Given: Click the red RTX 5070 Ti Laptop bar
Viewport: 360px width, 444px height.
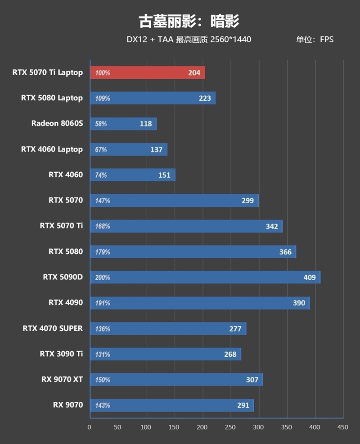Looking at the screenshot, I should tap(148, 72).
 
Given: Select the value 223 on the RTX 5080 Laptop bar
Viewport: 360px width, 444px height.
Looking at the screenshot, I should tap(205, 98).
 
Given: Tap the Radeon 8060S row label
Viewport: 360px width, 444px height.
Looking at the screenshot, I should tap(57, 123).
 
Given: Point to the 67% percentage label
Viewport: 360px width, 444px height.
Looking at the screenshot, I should tap(101, 149).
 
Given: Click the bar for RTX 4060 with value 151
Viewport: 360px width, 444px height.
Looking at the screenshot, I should tap(133, 175).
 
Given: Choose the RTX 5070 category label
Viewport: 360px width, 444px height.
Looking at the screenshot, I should tap(66, 200).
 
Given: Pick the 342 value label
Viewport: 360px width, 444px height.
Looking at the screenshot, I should tap(272, 226).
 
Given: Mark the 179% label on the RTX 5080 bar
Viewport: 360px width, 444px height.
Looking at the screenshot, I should tap(103, 252).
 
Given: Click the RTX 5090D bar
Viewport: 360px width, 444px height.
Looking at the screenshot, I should tap(205, 278).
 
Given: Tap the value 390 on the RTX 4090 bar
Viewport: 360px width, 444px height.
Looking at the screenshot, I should tap(299, 303).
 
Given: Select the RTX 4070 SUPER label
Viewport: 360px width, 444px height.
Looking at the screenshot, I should tap(53, 328).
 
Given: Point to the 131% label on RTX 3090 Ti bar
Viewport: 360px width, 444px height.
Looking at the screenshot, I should tap(103, 354).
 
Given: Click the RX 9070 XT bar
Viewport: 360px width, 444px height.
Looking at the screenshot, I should tap(176, 380).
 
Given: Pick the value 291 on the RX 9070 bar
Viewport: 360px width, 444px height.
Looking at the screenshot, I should tap(243, 405).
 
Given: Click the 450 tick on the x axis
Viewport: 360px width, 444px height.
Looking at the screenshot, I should tap(343, 426).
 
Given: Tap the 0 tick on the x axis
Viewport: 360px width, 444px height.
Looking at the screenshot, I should tap(90, 426).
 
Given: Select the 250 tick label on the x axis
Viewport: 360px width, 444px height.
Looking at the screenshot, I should tap(230, 426).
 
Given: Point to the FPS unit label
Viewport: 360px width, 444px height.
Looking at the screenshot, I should tap(327, 40).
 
